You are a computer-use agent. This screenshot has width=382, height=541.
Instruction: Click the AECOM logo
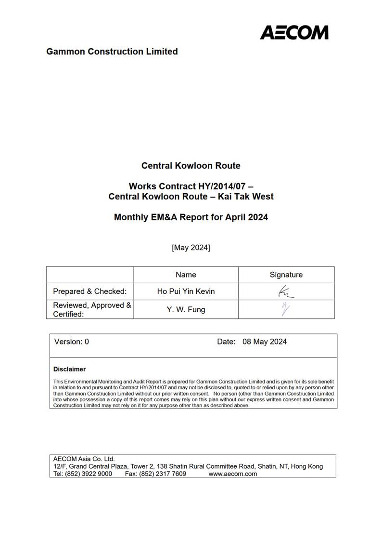294,32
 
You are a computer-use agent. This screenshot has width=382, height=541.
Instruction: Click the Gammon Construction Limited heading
112,52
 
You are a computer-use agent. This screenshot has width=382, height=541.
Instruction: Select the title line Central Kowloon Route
191,166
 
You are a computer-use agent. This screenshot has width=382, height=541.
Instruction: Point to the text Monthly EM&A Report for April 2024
191,217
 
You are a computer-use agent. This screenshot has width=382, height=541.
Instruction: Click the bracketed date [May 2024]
191,248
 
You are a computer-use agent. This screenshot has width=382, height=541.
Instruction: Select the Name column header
186,275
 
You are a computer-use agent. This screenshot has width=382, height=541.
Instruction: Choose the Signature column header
286,275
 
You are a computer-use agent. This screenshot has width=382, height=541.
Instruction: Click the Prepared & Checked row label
90,291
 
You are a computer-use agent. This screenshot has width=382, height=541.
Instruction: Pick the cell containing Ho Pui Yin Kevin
186,291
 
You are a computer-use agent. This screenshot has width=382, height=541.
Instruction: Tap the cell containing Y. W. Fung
186,309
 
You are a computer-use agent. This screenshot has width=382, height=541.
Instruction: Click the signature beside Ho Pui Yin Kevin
285,291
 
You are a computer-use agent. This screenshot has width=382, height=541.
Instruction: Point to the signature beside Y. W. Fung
286,309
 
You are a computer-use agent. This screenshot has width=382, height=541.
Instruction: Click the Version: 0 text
72,342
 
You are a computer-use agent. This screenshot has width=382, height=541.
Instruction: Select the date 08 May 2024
265,342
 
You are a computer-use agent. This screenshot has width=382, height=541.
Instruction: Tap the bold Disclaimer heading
69,369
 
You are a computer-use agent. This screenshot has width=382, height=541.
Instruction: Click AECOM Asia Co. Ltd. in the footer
84,459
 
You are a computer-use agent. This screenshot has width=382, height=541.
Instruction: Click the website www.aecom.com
232,474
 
